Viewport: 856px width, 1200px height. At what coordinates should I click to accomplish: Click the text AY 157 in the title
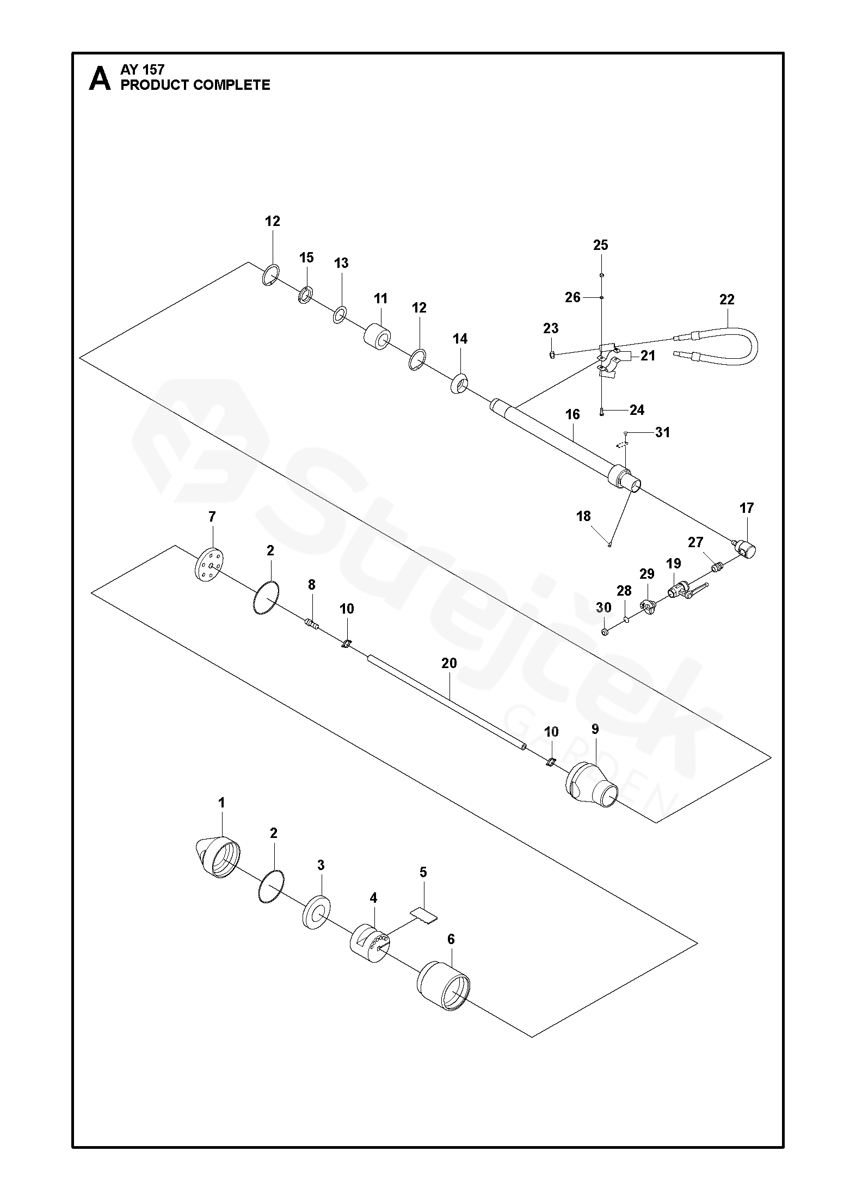pyautogui.click(x=143, y=70)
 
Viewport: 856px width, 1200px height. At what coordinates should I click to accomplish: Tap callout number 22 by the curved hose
pyautogui.click(x=726, y=299)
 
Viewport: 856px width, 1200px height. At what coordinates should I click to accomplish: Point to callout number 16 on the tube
pyautogui.click(x=572, y=414)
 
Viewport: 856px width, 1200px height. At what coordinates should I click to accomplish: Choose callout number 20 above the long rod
pyautogui.click(x=449, y=663)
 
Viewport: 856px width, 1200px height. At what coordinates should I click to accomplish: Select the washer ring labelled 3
pyautogui.click(x=315, y=911)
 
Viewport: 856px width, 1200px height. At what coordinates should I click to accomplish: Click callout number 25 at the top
pyautogui.click(x=601, y=245)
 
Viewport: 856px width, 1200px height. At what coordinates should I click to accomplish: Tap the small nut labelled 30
pyautogui.click(x=604, y=631)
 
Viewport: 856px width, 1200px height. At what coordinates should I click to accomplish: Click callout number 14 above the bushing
pyautogui.click(x=460, y=339)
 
